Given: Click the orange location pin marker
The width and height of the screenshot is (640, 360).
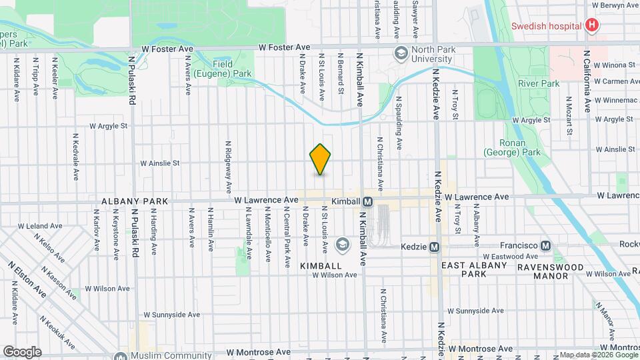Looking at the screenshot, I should coord(321,159).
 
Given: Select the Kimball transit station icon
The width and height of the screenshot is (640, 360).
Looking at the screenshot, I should coord(367,201).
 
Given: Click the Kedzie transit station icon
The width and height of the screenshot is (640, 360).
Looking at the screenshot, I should coord(434,247).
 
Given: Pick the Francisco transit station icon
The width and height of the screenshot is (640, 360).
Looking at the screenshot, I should coord(546,245).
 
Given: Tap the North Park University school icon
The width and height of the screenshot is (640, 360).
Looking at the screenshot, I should coord(401,53).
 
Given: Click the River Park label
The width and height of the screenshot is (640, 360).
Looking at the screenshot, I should coord(539,84).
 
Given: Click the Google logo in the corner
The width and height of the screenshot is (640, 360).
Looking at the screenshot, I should coord(22,351).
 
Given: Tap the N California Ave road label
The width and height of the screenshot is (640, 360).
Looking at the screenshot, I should coord(587,81).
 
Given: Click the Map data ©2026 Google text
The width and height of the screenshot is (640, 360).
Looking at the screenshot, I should coord(598,355).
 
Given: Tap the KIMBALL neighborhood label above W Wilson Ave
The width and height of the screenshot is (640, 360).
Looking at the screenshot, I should coord(321,265).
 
